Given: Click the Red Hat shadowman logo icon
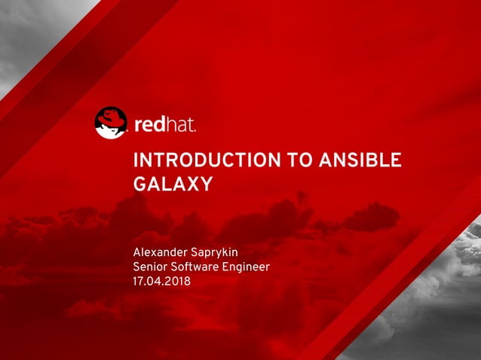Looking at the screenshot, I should pyautogui.click(x=111, y=123).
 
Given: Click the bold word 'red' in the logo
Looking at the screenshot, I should pyautogui.click(x=149, y=124).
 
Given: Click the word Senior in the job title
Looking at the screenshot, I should pyautogui.click(x=151, y=267).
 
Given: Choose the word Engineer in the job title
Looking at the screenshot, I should pyautogui.click(x=247, y=267).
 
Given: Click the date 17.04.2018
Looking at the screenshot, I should pyautogui.click(x=162, y=282).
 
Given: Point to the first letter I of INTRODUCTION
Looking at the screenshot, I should pyautogui.click(x=136, y=160).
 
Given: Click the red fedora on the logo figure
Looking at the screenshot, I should pyautogui.click(x=112, y=116).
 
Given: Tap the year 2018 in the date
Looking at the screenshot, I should pyautogui.click(x=178, y=282).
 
